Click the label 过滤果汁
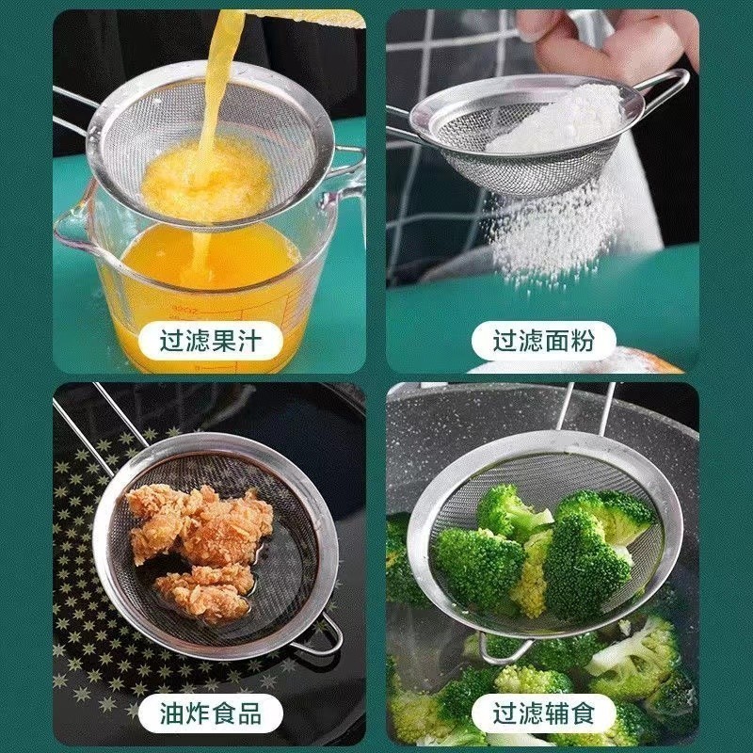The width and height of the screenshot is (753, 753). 210,341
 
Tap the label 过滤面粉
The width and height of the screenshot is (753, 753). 543,341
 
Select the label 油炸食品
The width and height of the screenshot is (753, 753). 210,713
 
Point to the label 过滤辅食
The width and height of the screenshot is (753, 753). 543,713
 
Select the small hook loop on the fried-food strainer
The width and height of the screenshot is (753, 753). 321,636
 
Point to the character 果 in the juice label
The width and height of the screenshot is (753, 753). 223,341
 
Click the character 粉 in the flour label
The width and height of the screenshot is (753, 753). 582,341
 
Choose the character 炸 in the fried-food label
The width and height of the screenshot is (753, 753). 198,713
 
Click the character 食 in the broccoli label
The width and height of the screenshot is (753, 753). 582,713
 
